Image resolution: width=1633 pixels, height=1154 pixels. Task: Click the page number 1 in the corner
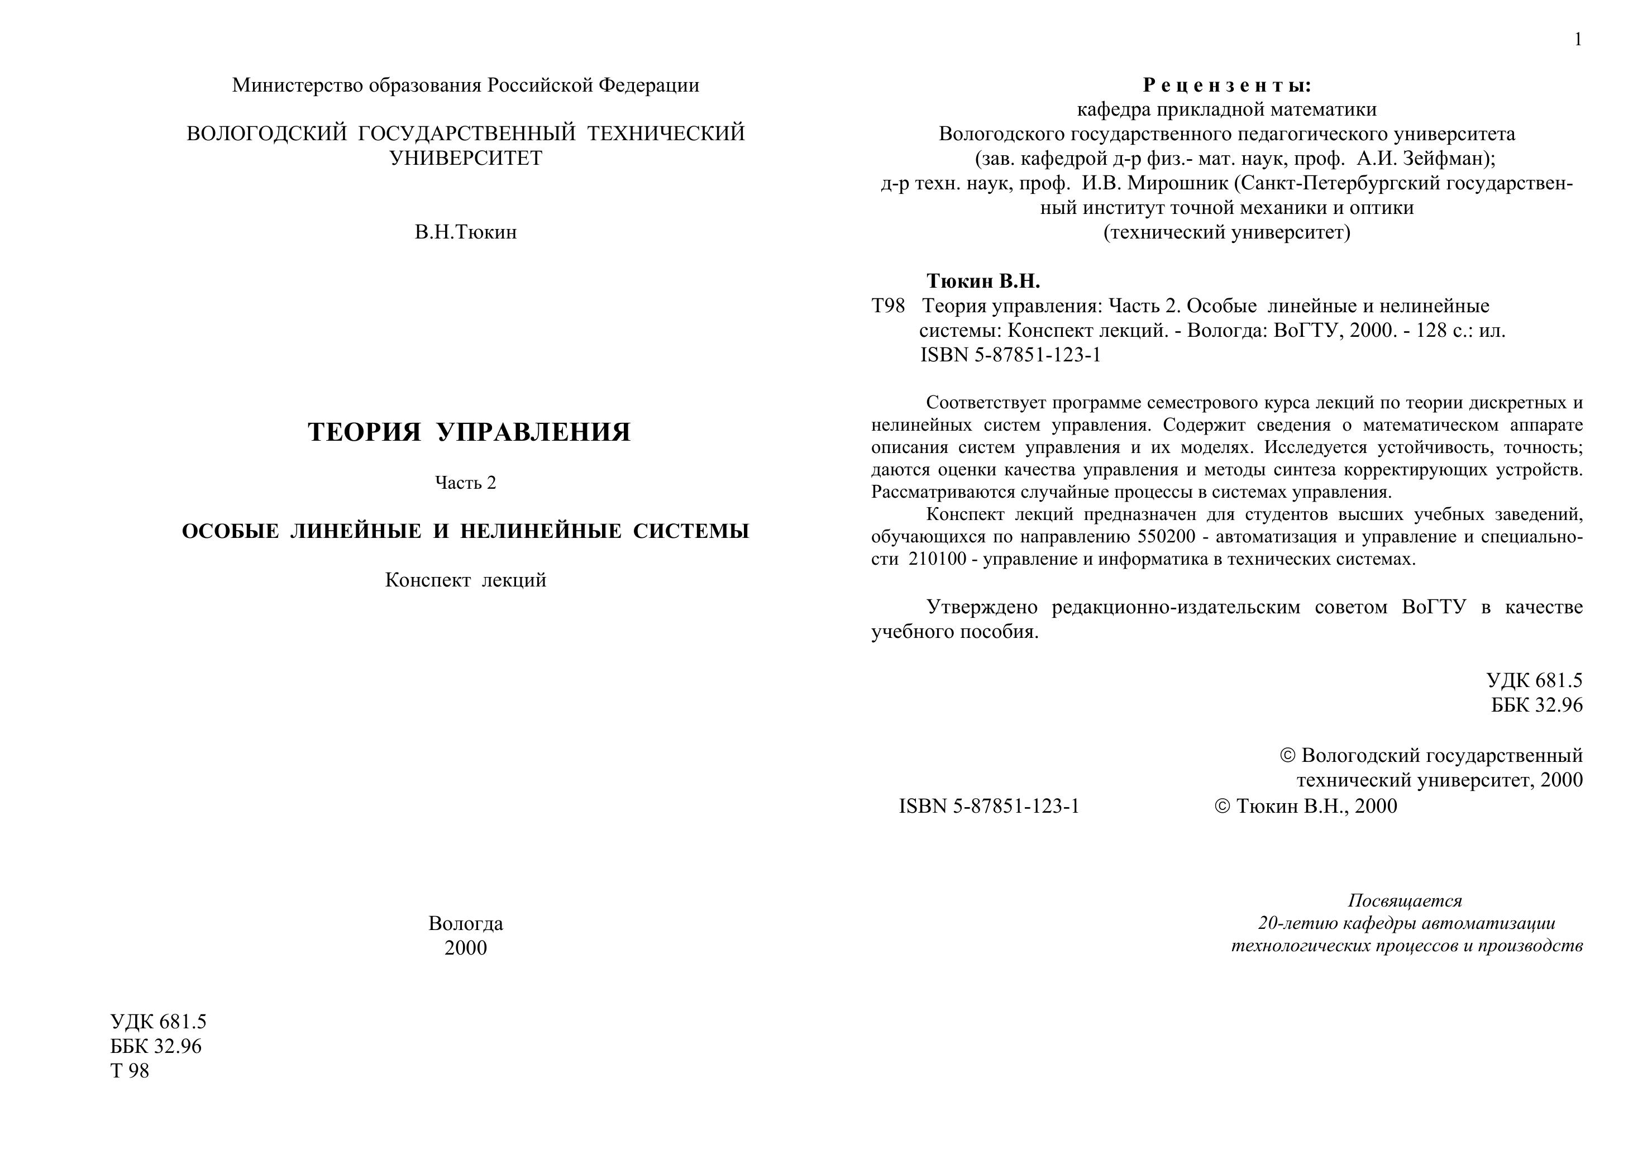(1578, 40)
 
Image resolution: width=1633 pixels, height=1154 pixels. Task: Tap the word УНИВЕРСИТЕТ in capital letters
(466, 158)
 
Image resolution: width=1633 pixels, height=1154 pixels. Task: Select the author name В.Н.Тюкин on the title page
(466, 232)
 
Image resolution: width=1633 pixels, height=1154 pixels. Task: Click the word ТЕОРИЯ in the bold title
(364, 432)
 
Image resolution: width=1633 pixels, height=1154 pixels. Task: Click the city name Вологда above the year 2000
(466, 923)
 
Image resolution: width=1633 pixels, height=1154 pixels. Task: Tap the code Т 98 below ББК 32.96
(130, 1071)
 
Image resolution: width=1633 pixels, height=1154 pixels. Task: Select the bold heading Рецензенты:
(1226, 85)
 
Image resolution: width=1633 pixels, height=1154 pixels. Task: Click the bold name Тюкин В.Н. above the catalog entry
(983, 282)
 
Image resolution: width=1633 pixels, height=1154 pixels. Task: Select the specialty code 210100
(937, 559)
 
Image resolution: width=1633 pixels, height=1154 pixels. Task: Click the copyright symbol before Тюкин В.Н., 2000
(1222, 806)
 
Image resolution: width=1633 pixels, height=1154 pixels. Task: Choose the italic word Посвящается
(1405, 901)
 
